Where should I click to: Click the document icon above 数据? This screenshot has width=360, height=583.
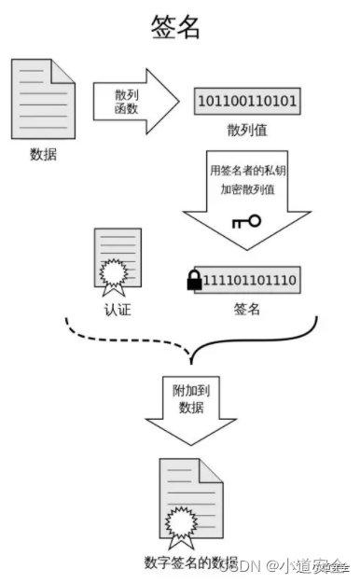coord(43,98)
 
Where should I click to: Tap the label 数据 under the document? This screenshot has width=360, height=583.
coord(43,154)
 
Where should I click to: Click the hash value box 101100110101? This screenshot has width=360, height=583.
coord(247,100)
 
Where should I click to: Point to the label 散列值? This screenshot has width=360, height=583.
coord(247,129)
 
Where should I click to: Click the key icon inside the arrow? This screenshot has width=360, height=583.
coord(246,222)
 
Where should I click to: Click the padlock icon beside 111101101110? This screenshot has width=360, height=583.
coord(195,279)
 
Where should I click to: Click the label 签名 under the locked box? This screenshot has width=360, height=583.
coord(246,309)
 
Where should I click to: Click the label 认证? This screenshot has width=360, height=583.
coord(118,309)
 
